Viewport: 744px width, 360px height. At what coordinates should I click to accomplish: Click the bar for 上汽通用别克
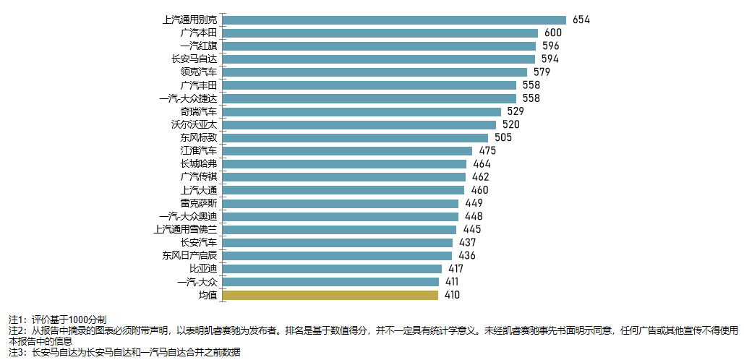pyautogui.click(x=395, y=20)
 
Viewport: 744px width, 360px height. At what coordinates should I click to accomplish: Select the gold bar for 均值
pyautogui.click(x=330, y=295)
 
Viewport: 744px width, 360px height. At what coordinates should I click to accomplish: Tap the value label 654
pyautogui.click(x=581, y=20)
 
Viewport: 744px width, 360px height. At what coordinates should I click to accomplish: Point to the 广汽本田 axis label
pyautogui.click(x=198, y=33)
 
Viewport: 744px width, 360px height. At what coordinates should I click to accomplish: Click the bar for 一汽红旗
pyautogui.click(x=380, y=46)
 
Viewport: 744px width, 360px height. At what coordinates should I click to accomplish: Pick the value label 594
pyautogui.click(x=550, y=59)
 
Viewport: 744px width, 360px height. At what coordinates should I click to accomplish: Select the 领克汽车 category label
pyautogui.click(x=198, y=72)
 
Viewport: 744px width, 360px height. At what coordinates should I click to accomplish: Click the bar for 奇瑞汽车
pyautogui.click(x=362, y=111)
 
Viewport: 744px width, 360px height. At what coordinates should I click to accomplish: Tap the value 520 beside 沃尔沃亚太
pyautogui.click(x=511, y=124)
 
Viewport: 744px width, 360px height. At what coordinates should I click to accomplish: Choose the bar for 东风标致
pyautogui.click(x=356, y=137)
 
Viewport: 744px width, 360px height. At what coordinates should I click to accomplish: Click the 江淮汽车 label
pyautogui.click(x=198, y=150)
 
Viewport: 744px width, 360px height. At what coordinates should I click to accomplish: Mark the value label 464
pyautogui.click(x=482, y=163)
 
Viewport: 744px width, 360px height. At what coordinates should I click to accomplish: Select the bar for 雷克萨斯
pyautogui.click(x=342, y=203)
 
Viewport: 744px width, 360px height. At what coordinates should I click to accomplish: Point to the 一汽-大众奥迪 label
pyautogui.click(x=188, y=216)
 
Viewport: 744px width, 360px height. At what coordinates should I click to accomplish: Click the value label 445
pyautogui.click(x=472, y=229)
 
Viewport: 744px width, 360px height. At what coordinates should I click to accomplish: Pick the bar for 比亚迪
pyautogui.click(x=333, y=268)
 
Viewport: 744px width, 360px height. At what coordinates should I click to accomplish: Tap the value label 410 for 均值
pyautogui.click(x=451, y=295)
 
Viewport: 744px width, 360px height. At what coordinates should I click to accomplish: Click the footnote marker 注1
pyautogui.click(x=16, y=319)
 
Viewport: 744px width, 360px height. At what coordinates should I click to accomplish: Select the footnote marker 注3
pyautogui.click(x=16, y=352)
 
